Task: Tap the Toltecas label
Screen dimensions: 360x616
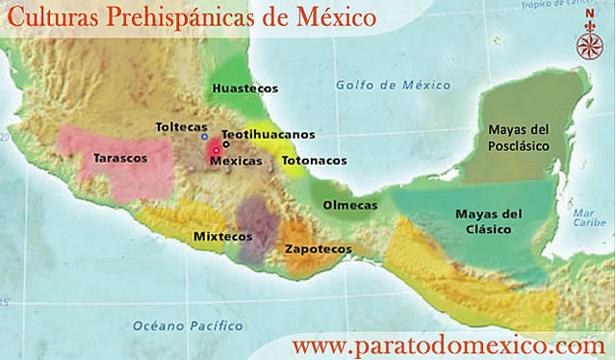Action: [180, 127]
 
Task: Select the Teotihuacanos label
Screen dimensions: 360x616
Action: [268, 135]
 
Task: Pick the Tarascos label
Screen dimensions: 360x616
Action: [120, 158]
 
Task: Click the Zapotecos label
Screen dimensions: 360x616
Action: [318, 249]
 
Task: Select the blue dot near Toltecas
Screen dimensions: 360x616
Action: [204, 137]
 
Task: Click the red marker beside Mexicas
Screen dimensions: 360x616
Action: [217, 150]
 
